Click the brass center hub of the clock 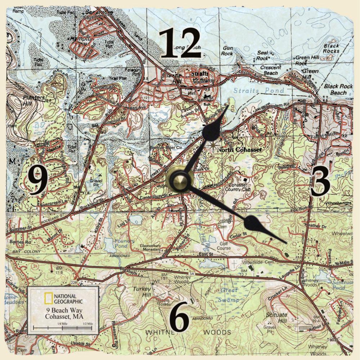point(179,180)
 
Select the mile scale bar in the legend point(63,328)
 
